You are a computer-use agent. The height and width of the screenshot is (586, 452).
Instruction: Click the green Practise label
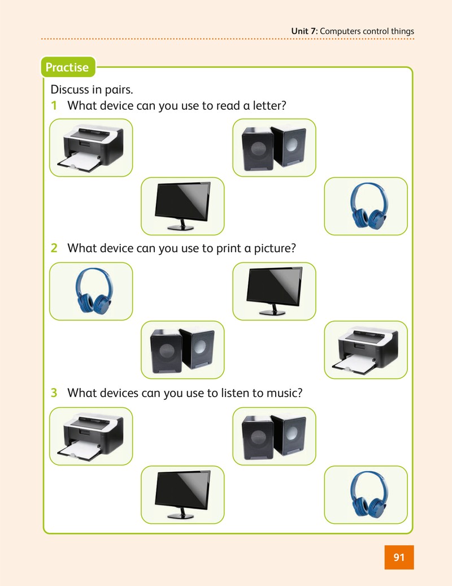(68, 67)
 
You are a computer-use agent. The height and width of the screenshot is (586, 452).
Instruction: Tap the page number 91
(399, 557)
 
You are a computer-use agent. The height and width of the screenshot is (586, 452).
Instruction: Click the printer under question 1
(91, 148)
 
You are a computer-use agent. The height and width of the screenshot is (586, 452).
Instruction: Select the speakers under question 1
(275, 148)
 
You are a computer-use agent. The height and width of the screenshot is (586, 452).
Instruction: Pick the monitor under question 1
(182, 206)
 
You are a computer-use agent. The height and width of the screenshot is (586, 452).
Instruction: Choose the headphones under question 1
(366, 206)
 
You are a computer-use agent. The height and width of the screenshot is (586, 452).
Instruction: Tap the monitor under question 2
(275, 291)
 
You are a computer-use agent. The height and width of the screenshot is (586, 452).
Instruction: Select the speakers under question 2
(182, 350)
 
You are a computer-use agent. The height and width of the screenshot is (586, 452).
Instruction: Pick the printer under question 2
(366, 350)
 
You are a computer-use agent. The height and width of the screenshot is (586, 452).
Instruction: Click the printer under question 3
(91, 436)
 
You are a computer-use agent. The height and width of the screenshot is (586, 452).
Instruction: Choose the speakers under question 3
(275, 436)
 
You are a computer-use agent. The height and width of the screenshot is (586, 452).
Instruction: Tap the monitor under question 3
(182, 494)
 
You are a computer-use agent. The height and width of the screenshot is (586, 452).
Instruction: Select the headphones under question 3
(366, 494)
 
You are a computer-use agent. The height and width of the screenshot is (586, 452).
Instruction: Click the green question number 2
(54, 248)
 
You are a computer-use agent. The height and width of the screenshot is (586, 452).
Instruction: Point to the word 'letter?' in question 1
(269, 106)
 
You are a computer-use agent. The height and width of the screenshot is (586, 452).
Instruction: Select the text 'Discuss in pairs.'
(92, 90)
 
